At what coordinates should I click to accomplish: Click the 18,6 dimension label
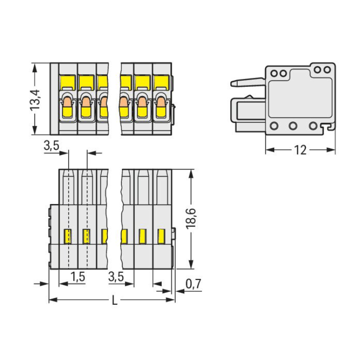click(191, 218)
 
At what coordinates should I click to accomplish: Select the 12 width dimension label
click(300, 150)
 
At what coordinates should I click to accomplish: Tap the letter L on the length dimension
click(115, 300)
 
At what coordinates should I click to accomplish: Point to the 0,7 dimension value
click(193, 284)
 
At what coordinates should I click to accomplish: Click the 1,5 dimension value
click(78, 277)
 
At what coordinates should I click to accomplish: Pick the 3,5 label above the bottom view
click(51, 145)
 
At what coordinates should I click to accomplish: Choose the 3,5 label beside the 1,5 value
click(116, 277)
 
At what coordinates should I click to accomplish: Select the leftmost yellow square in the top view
click(68, 82)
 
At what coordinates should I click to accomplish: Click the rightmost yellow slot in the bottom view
click(161, 236)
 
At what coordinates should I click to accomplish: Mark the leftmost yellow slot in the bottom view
click(68, 236)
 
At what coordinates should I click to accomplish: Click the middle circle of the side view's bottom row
click(293, 126)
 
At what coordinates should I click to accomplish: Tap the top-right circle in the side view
click(327, 70)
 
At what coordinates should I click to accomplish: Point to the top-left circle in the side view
click(274, 73)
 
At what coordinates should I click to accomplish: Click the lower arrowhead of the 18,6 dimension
click(191, 264)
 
